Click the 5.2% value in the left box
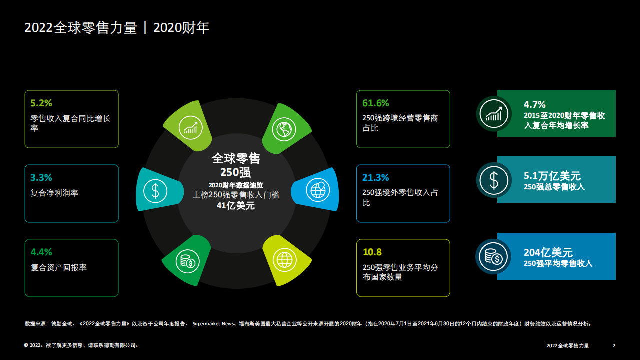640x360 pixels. [x=41, y=103]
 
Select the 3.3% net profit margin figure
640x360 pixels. [x=41, y=178]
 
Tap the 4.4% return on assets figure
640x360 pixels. [x=41, y=252]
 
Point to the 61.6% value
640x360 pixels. [x=375, y=103]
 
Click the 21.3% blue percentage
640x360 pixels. [x=375, y=178]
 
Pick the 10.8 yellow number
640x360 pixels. [x=372, y=252]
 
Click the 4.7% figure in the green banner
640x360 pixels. [x=534, y=105]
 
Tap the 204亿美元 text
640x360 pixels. [x=548, y=253]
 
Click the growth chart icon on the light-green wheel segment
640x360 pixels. [x=190, y=127]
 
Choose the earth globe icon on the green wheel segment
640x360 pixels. [x=283, y=128]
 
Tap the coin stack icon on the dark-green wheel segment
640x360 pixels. [x=187, y=261]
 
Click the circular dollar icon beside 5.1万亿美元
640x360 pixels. [x=493, y=180]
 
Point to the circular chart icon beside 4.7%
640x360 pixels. [x=493, y=114]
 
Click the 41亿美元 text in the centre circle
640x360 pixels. [x=236, y=206]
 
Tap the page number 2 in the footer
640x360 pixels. [x=614, y=346]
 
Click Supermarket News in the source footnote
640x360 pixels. [x=214, y=324]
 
